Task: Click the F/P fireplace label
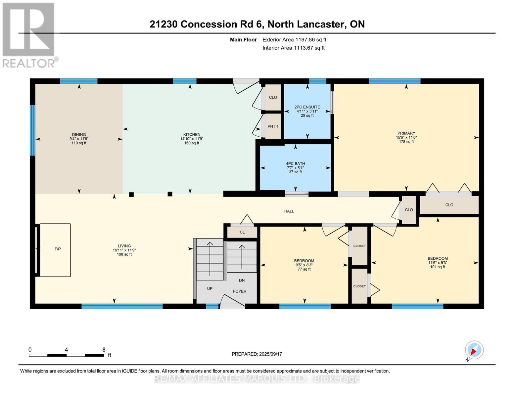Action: tap(58, 249)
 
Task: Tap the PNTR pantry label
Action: tap(273, 126)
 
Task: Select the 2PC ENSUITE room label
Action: tap(307, 107)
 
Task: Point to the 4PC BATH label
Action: tap(296, 164)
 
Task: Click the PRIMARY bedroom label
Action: tap(406, 133)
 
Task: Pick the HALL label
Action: tap(289, 211)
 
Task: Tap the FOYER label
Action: tap(240, 291)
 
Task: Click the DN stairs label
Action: tap(242, 281)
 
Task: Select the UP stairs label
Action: tap(210, 288)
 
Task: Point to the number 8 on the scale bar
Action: tap(104, 349)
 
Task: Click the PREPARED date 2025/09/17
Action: tap(271, 354)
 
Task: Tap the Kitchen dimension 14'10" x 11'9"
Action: tap(192, 139)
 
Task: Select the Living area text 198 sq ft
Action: tap(124, 254)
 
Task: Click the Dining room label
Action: tap(79, 135)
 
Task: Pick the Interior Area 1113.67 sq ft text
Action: tap(294, 48)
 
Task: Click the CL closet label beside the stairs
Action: tap(242, 232)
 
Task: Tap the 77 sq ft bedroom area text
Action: tap(304, 269)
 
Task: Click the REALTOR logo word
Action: tap(29, 64)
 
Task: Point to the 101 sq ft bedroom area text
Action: tap(438, 267)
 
